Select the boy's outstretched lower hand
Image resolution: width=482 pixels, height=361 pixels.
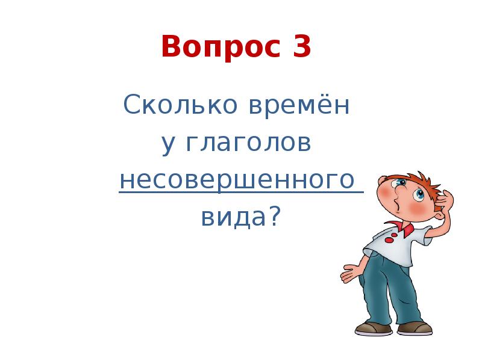(349, 273)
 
